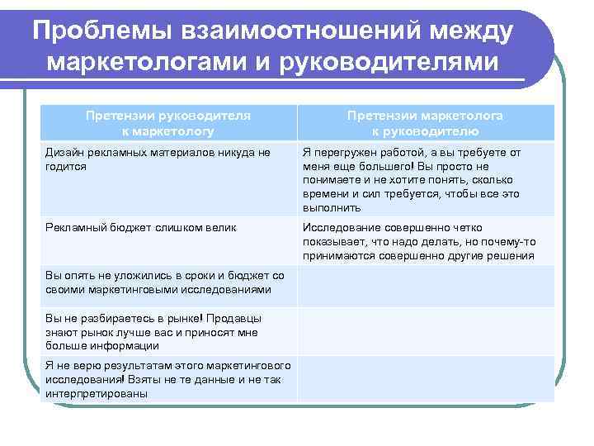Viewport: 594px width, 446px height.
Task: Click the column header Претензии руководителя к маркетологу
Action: pyautogui.click(x=168, y=123)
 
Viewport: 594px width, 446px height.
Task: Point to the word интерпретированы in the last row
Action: pyautogui.click(x=96, y=394)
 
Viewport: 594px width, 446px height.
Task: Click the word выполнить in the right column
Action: pyautogui.click(x=332, y=207)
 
